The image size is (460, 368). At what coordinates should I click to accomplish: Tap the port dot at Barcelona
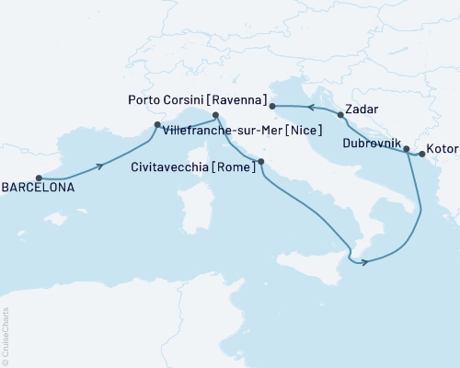point(39,178)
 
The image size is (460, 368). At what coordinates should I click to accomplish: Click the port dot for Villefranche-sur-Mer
point(156,124)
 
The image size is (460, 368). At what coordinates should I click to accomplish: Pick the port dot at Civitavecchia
point(261,162)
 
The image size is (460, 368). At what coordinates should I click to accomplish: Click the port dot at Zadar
point(341,115)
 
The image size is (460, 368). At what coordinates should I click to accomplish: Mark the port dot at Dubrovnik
point(407,147)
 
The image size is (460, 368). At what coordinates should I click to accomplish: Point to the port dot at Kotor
point(421,155)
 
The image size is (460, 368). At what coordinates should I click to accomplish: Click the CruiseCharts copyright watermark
point(6,335)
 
